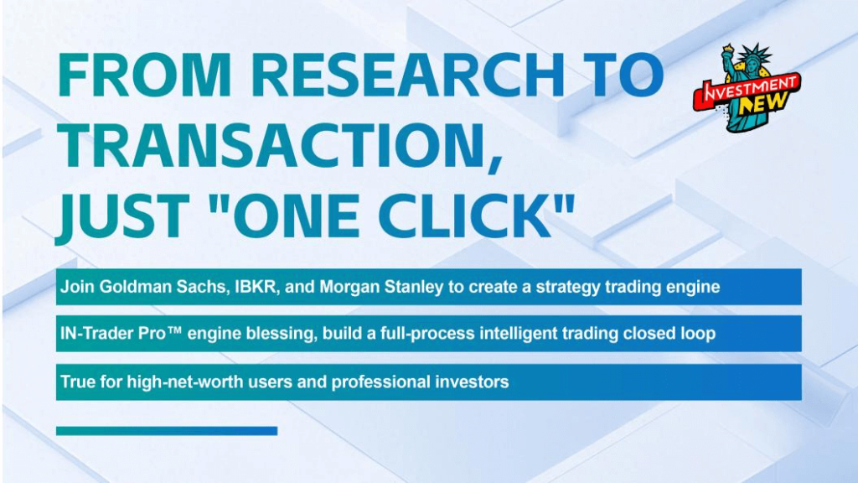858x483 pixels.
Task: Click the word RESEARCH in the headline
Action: coord(408,75)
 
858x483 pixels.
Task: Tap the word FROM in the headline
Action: coord(144,75)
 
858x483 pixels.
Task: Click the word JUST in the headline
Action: coord(122,216)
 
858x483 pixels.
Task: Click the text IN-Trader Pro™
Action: coord(121,333)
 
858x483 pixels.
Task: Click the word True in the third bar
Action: coord(76,382)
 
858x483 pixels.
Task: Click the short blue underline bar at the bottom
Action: coord(167,431)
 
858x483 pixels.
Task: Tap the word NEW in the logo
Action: coord(764,102)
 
